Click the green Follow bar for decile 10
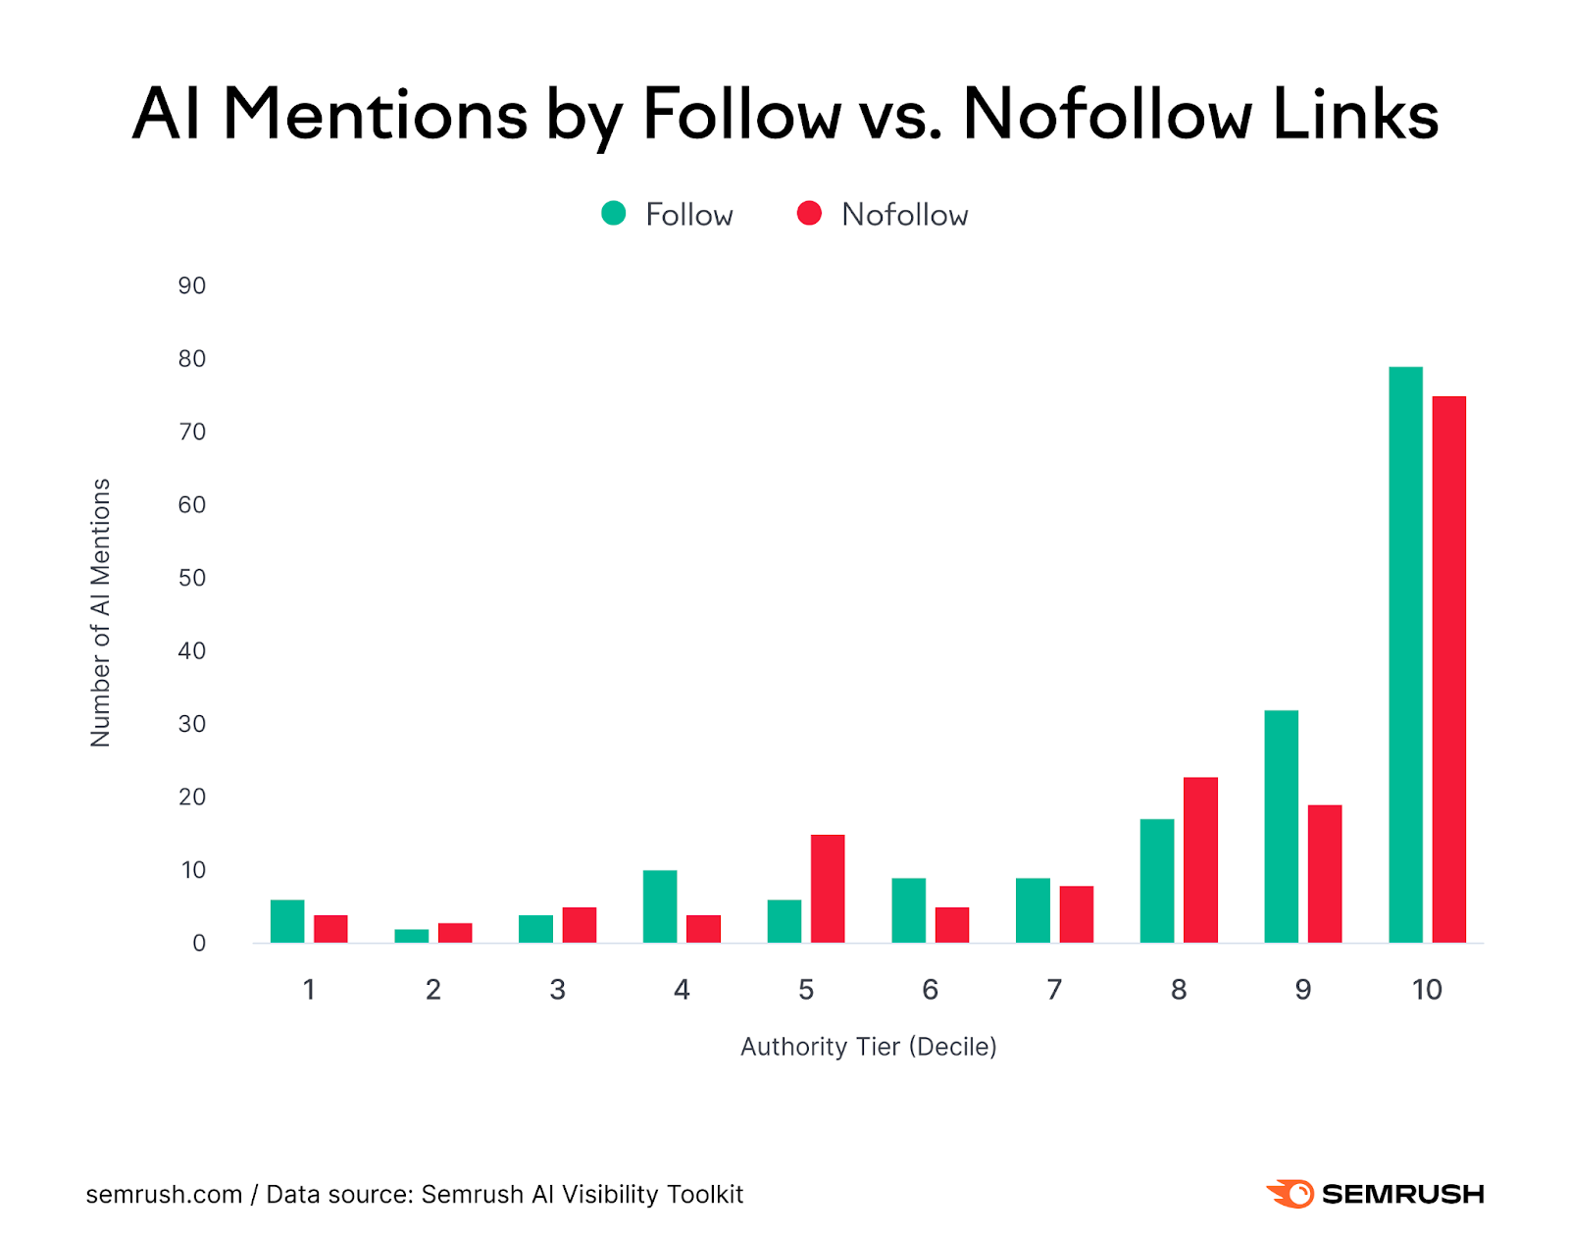coord(1404,654)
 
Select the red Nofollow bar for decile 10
coord(1448,669)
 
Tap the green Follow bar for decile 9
coord(1281,826)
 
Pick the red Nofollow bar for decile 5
coord(828,889)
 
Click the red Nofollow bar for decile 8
coord(1200,859)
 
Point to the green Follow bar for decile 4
coord(659,906)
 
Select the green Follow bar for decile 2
coord(411,936)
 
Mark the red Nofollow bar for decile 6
coord(951,925)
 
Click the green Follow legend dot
coord(613,214)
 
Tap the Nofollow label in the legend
coord(904,215)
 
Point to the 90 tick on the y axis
coord(192,285)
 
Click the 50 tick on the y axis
coord(192,578)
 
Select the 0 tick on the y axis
coord(199,943)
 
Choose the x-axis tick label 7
coord(1054,990)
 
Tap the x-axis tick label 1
coord(309,990)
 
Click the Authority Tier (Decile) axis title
coord(868,1047)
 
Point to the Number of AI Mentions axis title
coord(100,613)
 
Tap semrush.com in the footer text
coord(164,1195)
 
